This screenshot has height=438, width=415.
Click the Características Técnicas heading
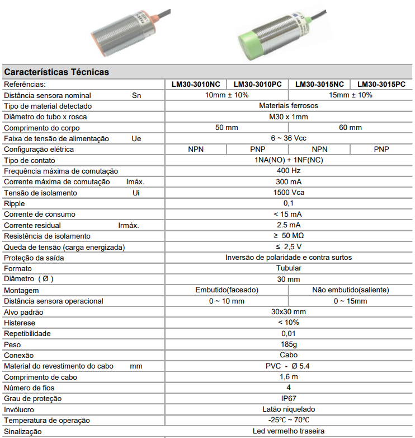click(56, 72)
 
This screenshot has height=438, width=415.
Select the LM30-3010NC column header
click(196, 85)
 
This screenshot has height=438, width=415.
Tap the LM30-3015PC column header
click(381, 85)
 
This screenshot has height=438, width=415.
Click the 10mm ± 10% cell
click(227, 95)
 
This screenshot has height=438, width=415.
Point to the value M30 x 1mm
click(288, 117)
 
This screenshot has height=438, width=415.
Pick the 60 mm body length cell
click(350, 128)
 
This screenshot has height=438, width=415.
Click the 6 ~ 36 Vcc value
click(288, 138)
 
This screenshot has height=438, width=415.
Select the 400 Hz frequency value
click(288, 171)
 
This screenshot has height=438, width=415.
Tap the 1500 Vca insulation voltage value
click(288, 193)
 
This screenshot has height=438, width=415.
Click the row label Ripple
click(15, 203)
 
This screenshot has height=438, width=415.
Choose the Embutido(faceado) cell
click(227, 290)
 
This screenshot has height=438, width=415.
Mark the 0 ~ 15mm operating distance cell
click(350, 301)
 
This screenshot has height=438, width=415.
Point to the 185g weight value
click(288, 344)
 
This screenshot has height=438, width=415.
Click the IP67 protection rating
click(288, 398)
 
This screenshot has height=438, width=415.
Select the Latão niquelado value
click(288, 409)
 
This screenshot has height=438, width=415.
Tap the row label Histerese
click(20, 323)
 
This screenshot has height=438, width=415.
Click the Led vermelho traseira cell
click(288, 431)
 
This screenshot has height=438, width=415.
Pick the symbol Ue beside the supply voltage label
click(136, 138)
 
